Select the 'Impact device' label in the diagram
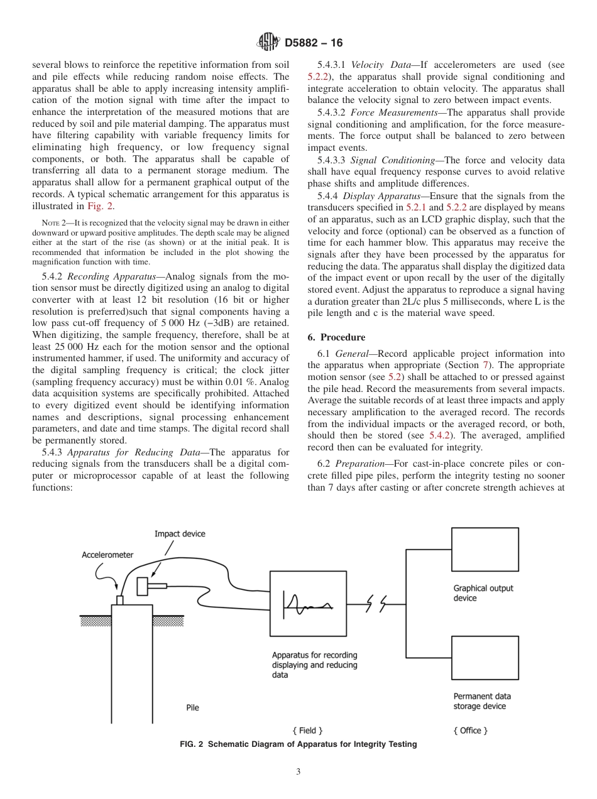pos(180,534)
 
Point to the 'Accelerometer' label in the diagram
pos(108,555)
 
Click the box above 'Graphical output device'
pos(485,549)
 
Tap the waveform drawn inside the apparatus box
pos(307,606)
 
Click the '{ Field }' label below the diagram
pos(307,731)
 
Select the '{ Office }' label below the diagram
pos(471,731)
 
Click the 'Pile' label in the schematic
pos(193,707)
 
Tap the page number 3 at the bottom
pos(298,771)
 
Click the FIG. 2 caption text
pos(298,744)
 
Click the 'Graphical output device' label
pos(483,593)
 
